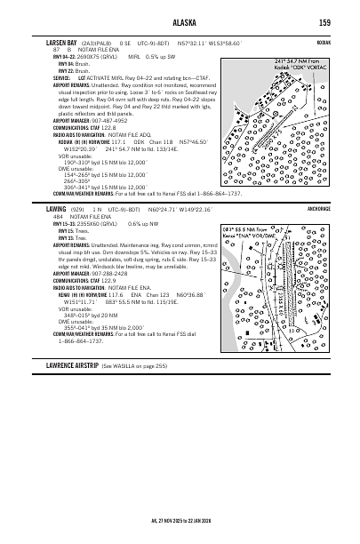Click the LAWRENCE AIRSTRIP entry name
(70, 390)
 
